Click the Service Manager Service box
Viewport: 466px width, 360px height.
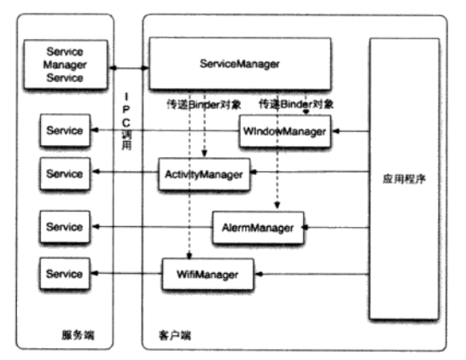(x=65, y=65)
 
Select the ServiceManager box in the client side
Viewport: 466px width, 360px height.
(x=239, y=64)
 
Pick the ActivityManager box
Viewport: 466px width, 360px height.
(x=201, y=174)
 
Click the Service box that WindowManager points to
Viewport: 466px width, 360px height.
(x=65, y=131)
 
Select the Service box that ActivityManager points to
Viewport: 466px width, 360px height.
(x=65, y=174)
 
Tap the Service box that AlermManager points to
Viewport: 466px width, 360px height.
(x=65, y=228)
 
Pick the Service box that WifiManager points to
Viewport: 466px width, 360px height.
(x=65, y=274)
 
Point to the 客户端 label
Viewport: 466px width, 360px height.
(x=175, y=334)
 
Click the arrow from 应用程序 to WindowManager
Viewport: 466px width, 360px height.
(x=350, y=131)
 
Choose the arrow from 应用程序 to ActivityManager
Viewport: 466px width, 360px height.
(x=307, y=174)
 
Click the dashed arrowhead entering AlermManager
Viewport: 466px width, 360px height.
(x=277, y=208)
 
